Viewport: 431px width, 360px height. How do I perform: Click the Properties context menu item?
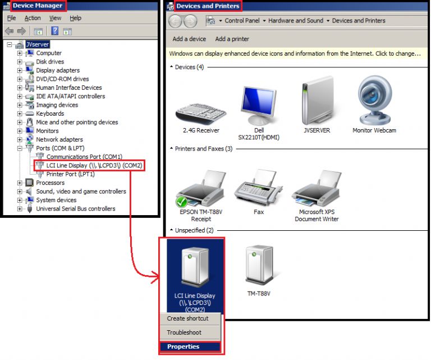click(184, 347)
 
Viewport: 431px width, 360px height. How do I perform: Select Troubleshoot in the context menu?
click(184, 332)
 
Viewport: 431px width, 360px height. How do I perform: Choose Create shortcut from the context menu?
click(187, 318)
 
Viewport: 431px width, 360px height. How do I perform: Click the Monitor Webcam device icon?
click(374, 102)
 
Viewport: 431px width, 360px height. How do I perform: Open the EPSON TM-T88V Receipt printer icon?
click(200, 188)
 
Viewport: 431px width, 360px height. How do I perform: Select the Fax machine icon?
click(258, 188)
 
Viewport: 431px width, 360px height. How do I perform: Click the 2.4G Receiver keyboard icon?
click(200, 112)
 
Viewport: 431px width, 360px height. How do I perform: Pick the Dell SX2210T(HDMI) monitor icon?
click(258, 107)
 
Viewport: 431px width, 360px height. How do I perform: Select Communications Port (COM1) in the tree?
click(84, 157)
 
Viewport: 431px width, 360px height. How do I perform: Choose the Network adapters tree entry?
click(59, 139)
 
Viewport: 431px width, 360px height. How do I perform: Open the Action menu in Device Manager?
click(33, 18)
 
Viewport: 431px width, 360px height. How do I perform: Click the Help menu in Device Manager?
click(75, 18)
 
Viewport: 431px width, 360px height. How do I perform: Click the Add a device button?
click(189, 39)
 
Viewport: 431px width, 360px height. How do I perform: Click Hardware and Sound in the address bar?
click(296, 21)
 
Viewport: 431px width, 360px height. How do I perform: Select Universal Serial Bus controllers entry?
click(76, 208)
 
